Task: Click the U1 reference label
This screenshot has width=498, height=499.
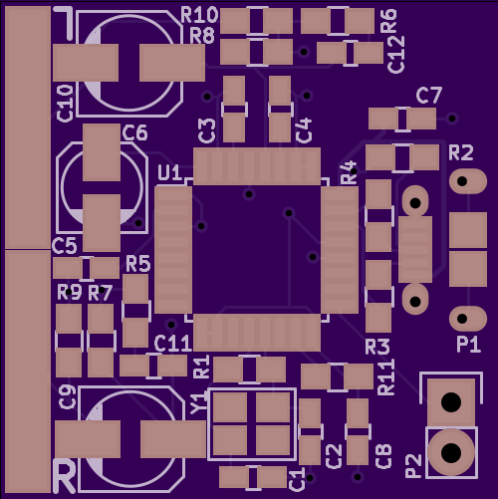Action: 169,172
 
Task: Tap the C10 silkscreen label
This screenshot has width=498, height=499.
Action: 65,104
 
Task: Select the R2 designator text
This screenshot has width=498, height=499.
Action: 461,152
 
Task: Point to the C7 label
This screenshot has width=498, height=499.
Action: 429,96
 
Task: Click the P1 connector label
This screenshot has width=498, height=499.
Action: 468,345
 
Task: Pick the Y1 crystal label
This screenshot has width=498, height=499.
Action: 198,402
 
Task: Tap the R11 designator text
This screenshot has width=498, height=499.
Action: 386,376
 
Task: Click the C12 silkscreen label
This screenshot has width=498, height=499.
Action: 396,55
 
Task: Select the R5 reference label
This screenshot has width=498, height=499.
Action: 138,264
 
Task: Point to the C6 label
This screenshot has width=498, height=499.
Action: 134,132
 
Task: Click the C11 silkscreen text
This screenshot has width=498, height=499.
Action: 173,344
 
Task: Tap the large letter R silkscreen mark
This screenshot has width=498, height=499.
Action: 65,476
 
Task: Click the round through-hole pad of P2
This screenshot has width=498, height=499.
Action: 451,452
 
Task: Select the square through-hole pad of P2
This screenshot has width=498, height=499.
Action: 451,402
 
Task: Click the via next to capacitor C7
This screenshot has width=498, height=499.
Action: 452,119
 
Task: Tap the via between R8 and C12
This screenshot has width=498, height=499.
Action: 304,52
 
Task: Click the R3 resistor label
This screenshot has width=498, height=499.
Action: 377,347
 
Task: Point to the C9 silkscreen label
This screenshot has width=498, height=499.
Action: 67,397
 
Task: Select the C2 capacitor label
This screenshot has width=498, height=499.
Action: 334,457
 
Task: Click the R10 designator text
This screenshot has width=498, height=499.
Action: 199,15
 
